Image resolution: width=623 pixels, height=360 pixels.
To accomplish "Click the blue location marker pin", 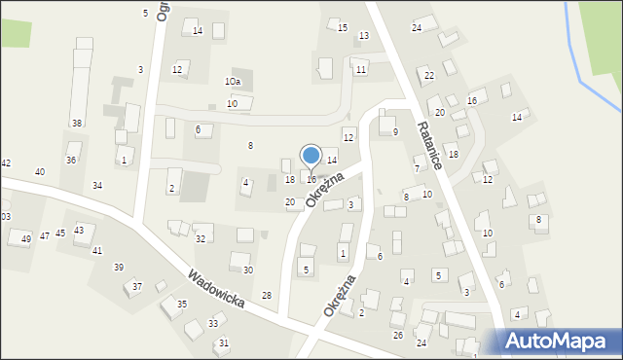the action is (x=311, y=157).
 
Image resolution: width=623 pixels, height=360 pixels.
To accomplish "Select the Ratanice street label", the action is (x=429, y=146).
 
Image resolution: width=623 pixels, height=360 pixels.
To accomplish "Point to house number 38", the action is (x=77, y=123).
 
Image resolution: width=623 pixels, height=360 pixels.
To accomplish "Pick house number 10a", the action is (x=233, y=82).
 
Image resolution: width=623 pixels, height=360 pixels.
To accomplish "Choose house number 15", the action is (x=342, y=27).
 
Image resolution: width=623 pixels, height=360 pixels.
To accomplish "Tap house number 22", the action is (x=428, y=75).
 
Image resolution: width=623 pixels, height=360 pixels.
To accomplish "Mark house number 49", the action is (x=26, y=238).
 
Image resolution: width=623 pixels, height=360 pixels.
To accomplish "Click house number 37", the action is (x=137, y=286).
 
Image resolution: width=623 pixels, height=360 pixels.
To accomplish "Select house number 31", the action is (x=224, y=342).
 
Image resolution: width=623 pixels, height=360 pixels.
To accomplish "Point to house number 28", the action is (x=267, y=295).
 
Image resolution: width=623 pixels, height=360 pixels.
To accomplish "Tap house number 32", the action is (x=201, y=238).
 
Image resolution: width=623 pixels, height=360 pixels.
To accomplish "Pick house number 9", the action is (x=394, y=131).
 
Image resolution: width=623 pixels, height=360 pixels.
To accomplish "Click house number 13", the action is (x=363, y=36).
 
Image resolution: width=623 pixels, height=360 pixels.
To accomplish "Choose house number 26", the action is (x=397, y=335).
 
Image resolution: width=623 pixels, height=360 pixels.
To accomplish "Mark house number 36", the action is (x=71, y=160).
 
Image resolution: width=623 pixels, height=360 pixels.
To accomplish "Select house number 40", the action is (x=40, y=171).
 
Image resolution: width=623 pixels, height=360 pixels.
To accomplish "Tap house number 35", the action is (x=181, y=305).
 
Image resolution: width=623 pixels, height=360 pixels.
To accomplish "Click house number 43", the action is (x=79, y=230).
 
